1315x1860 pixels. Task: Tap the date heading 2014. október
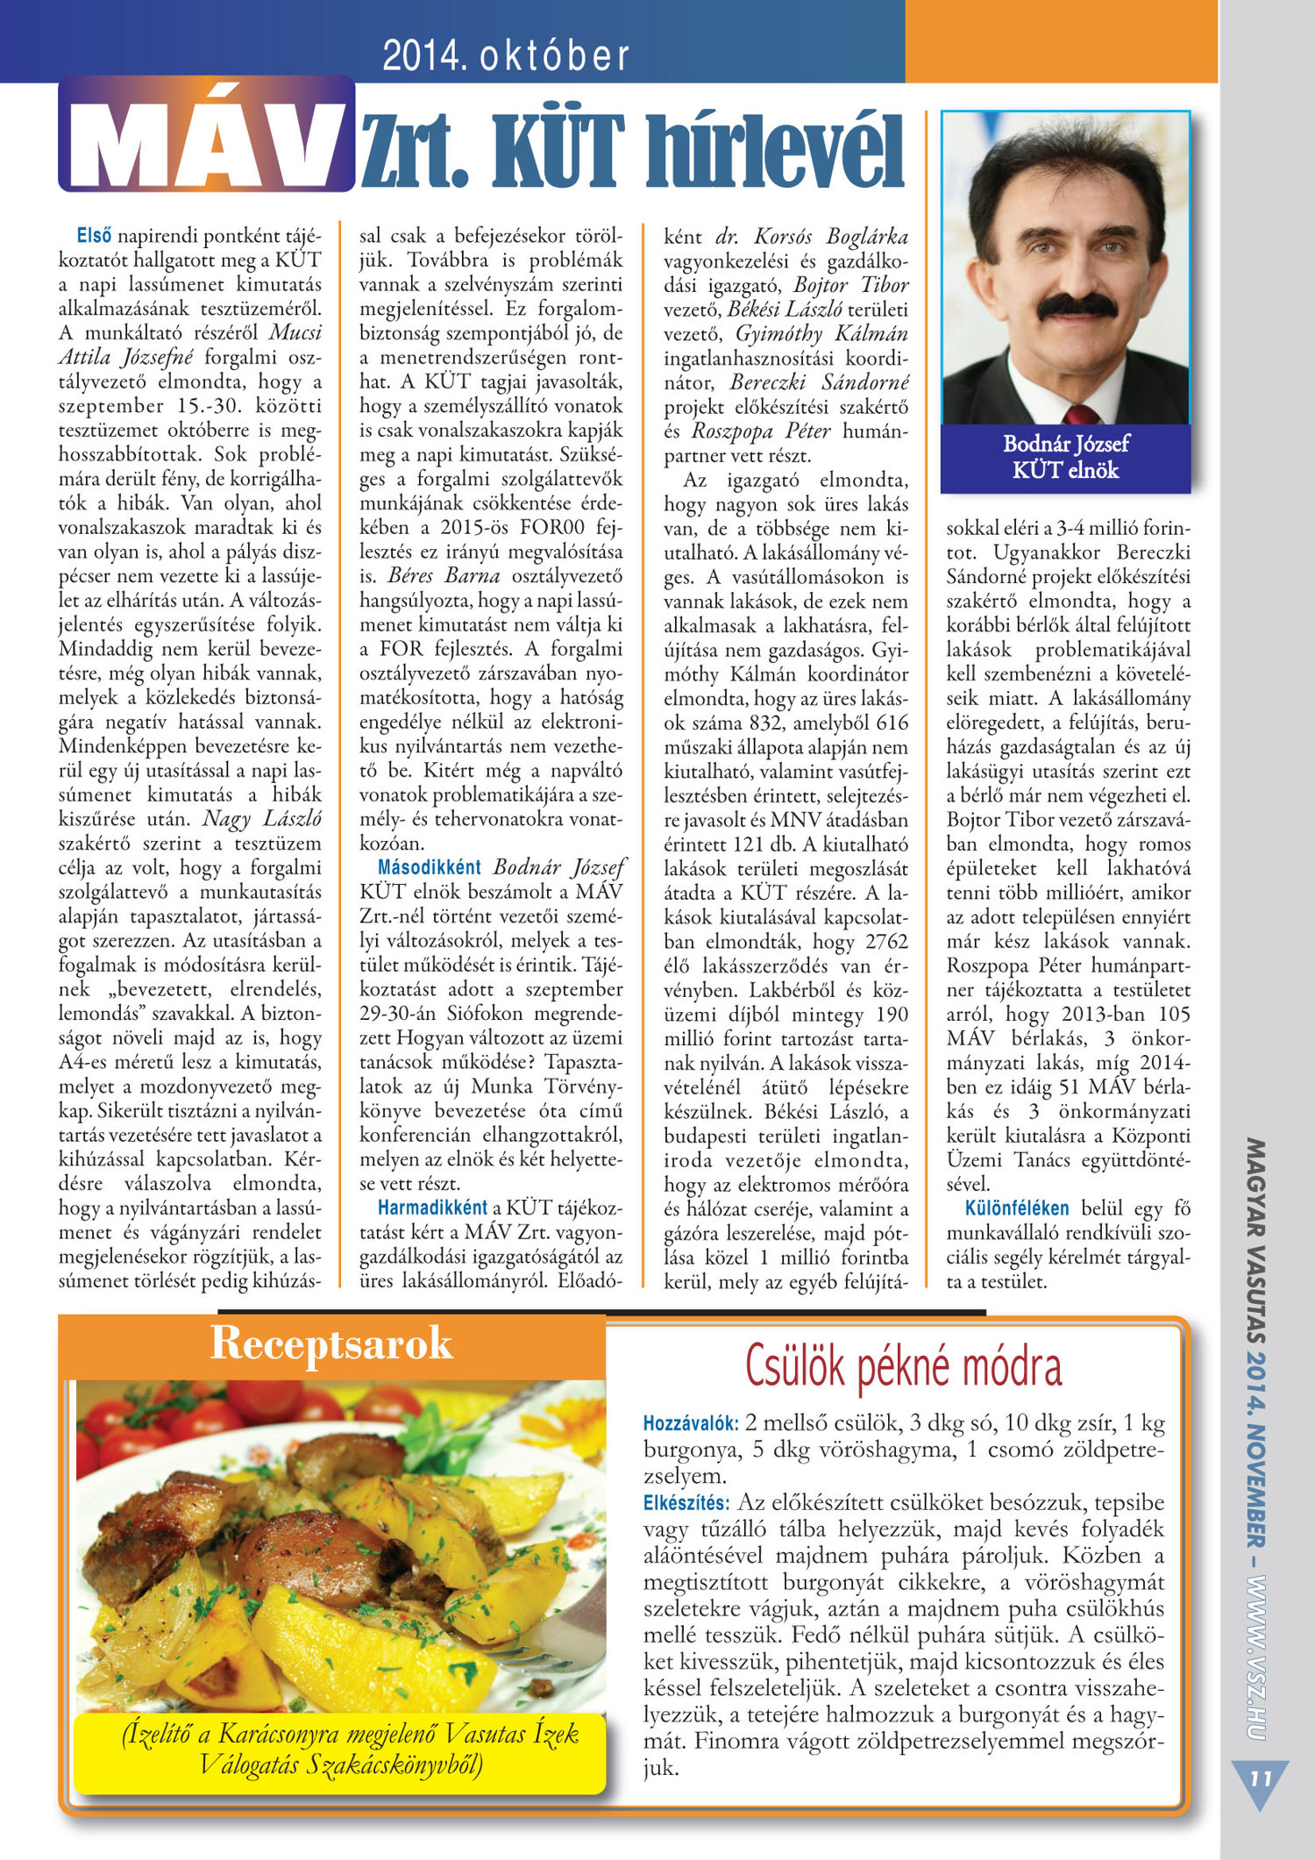tap(506, 56)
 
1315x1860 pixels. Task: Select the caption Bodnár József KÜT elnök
tap(1065, 457)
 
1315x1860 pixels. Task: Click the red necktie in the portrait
tap(1080, 415)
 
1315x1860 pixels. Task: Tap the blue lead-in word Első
tap(94, 236)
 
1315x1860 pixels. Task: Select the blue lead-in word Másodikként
tap(429, 867)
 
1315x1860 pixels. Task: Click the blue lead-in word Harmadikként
tap(432, 1208)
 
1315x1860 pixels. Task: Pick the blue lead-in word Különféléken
tap(1016, 1208)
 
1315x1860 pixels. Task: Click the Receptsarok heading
tap(331, 1343)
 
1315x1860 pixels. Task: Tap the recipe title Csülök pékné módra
tap(903, 1367)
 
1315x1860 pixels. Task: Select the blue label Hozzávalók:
tap(691, 1422)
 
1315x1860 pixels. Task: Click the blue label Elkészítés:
tap(686, 1502)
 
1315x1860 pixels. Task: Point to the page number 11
tap(1260, 1778)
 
